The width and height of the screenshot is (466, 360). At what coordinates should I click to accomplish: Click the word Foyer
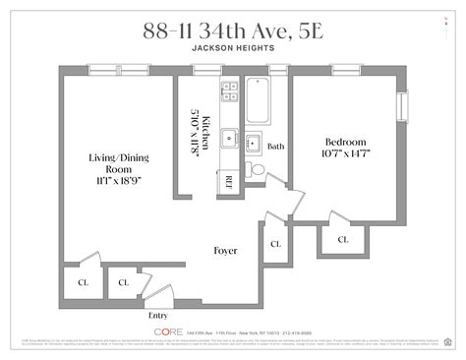pyautogui.click(x=226, y=251)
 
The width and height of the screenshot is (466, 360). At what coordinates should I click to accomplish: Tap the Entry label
pyautogui.click(x=158, y=316)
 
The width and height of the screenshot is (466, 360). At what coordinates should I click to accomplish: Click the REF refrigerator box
pyautogui.click(x=227, y=180)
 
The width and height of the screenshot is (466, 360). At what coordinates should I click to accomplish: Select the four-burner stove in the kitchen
pyautogui.click(x=228, y=90)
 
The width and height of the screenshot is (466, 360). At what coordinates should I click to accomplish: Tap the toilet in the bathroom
pyautogui.click(x=257, y=170)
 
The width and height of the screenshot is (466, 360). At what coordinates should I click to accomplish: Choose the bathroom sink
pyautogui.click(x=253, y=141)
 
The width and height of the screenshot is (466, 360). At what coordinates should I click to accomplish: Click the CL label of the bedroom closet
pyautogui.click(x=343, y=239)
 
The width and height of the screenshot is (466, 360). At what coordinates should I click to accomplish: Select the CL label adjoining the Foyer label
pyautogui.click(x=275, y=244)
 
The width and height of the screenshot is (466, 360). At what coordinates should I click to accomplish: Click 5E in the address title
pyautogui.click(x=335, y=26)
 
